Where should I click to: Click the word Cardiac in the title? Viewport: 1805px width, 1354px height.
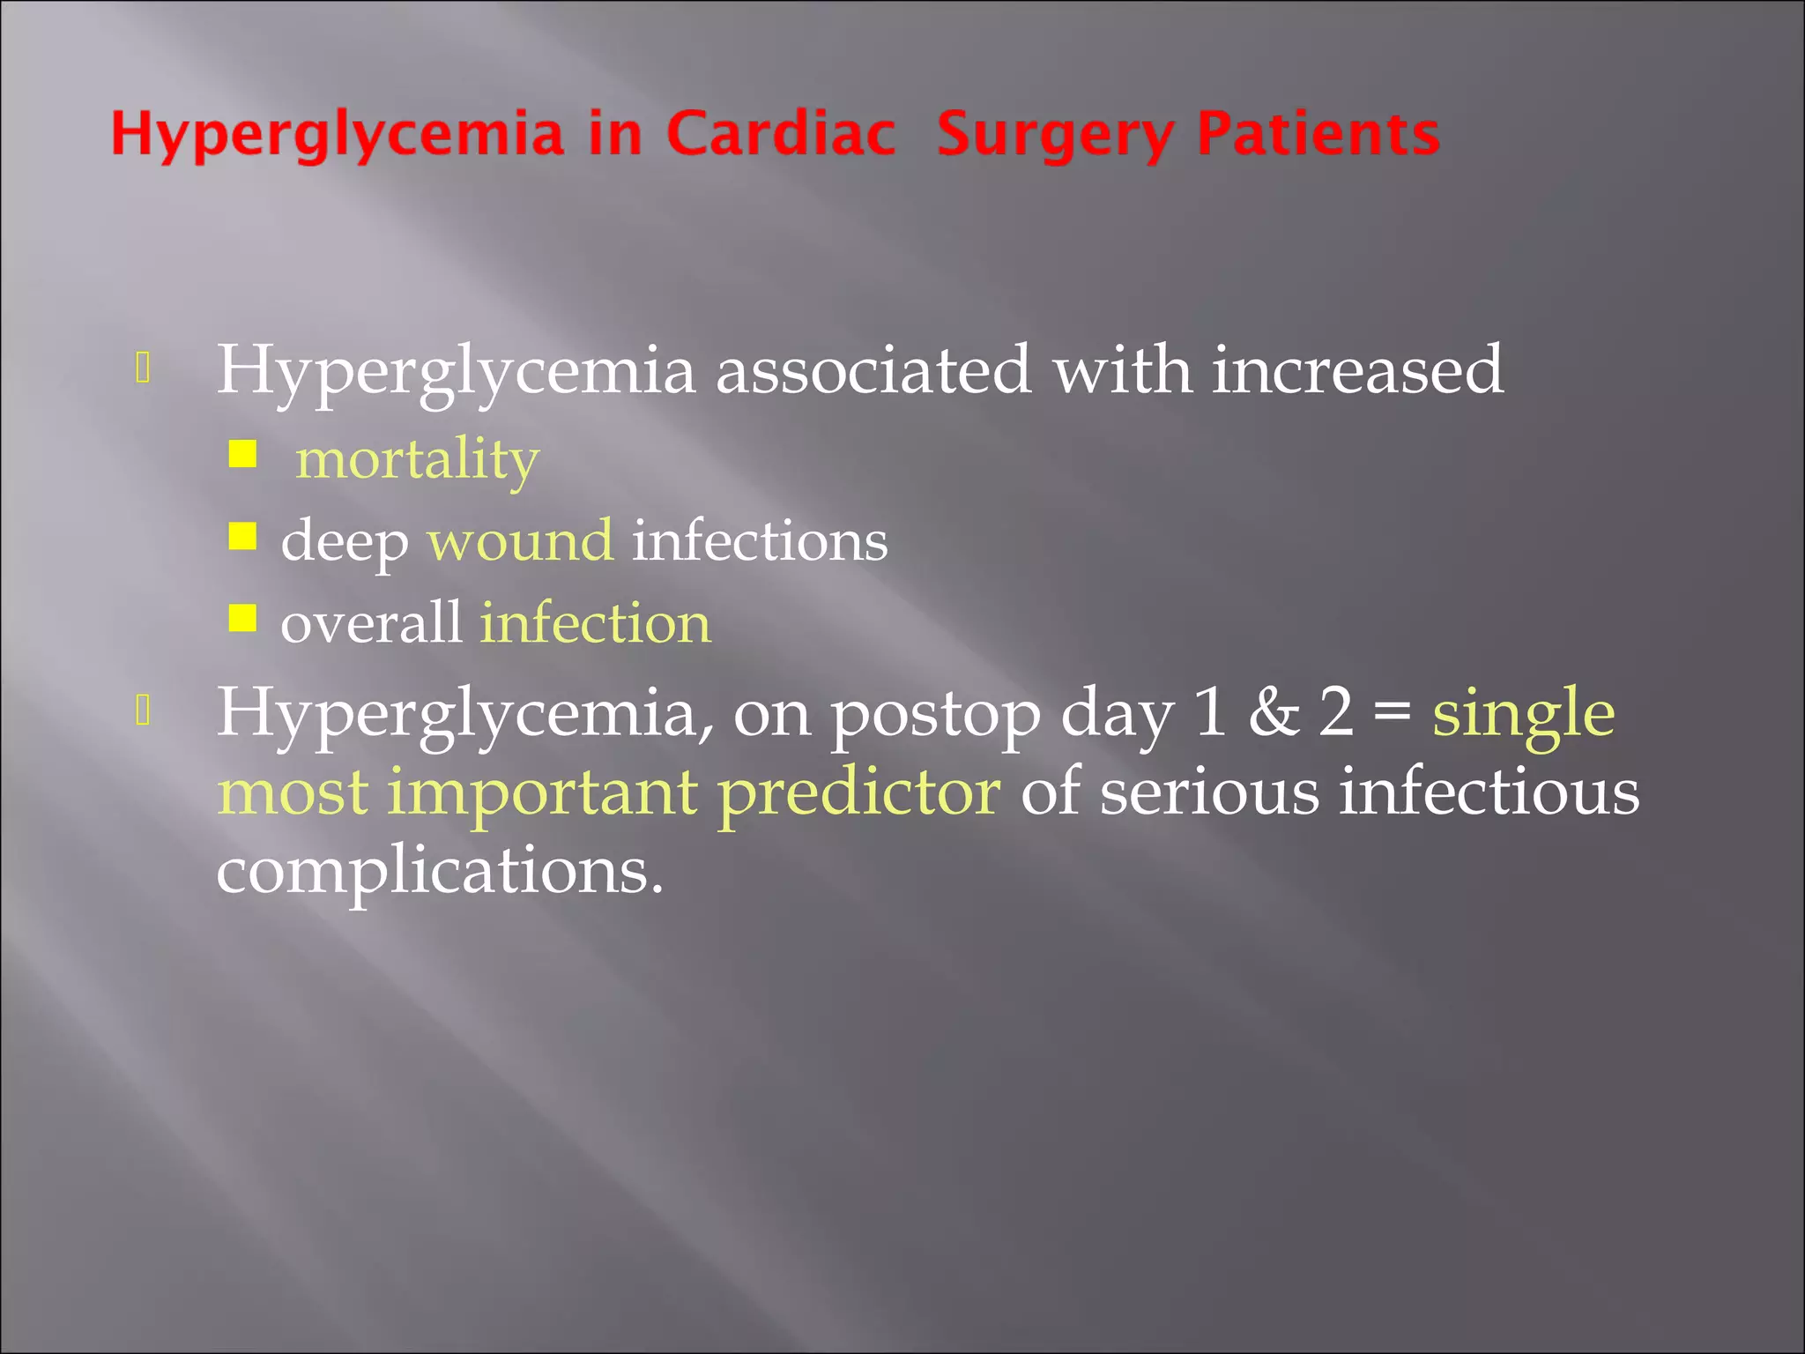pyautogui.click(x=780, y=134)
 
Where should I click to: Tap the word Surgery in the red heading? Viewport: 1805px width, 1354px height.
pyautogui.click(x=1054, y=136)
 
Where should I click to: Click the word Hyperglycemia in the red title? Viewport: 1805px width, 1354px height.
pyautogui.click(x=337, y=136)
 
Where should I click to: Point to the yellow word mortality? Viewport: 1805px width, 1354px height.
pyautogui.click(x=417, y=459)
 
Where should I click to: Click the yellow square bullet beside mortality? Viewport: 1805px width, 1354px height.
pyautogui.click(x=242, y=455)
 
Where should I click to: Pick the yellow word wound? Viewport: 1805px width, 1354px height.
pyautogui.click(x=520, y=539)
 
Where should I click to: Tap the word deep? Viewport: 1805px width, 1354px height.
pyautogui.click(x=345, y=541)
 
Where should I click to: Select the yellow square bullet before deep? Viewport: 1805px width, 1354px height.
pyautogui.click(x=242, y=536)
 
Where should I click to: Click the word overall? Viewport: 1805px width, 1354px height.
pyautogui.click(x=371, y=622)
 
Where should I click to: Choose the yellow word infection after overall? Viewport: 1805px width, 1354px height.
pyautogui.click(x=596, y=622)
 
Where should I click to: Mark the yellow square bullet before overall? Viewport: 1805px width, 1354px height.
pyautogui.click(x=242, y=618)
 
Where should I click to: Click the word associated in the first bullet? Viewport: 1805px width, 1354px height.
pyautogui.click(x=873, y=370)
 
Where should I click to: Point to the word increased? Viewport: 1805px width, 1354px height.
pyautogui.click(x=1357, y=370)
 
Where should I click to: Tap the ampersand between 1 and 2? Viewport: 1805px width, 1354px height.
pyautogui.click(x=1274, y=712)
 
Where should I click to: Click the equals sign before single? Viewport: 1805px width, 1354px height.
pyautogui.click(x=1393, y=712)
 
